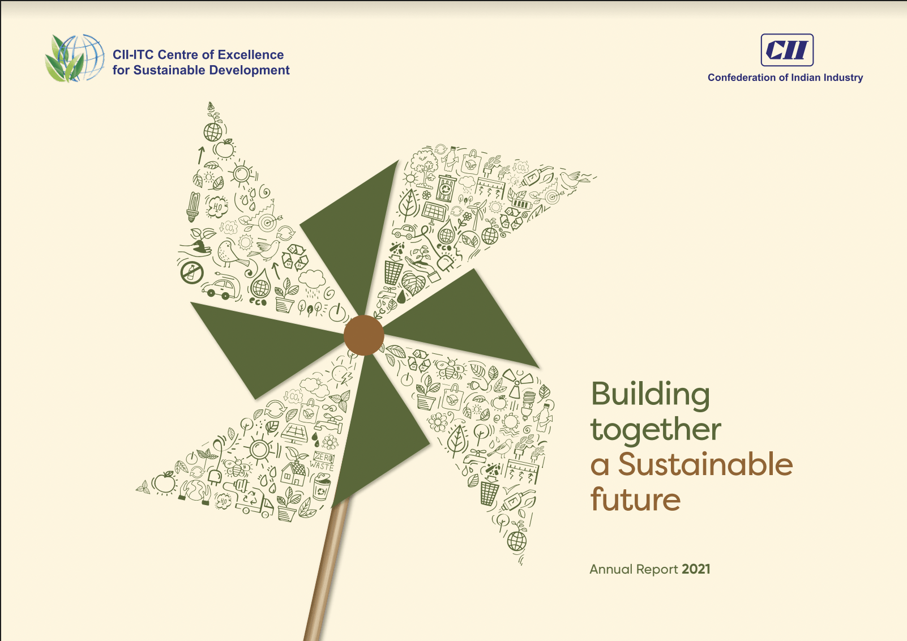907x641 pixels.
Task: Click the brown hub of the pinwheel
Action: [363, 335]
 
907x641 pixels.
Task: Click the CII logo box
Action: [787, 50]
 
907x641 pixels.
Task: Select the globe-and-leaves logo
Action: [75, 58]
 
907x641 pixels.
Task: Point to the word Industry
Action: [842, 78]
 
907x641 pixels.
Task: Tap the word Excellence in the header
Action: [251, 55]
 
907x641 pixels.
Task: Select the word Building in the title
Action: [651, 395]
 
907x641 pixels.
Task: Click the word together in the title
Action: [656, 429]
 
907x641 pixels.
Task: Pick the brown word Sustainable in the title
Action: [705, 464]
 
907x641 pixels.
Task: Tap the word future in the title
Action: [635, 499]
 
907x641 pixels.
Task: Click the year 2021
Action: [696, 569]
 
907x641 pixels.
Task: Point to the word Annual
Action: [611, 569]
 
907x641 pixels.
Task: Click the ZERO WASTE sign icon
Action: [323, 461]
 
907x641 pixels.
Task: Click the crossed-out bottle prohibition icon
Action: [191, 272]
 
